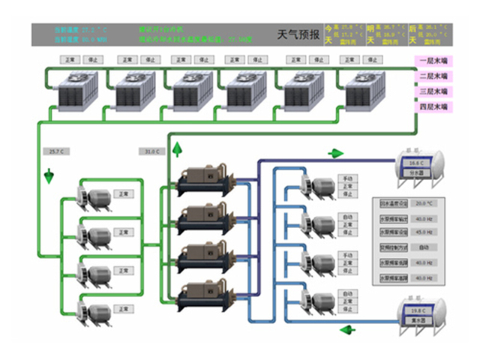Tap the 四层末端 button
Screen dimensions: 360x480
(433, 107)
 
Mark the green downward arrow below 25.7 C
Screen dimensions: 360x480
(49, 176)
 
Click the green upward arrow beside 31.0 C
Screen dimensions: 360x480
(177, 148)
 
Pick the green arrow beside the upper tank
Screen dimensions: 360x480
(335, 154)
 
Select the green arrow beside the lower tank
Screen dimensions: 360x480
(347, 329)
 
